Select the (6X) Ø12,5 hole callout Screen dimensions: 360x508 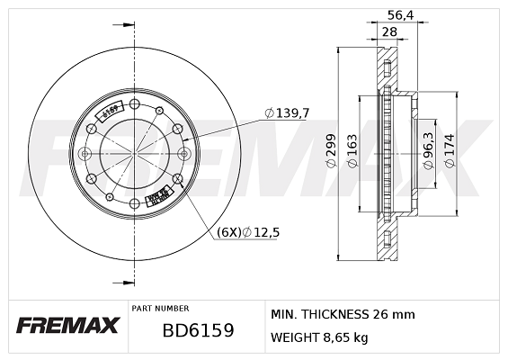pos(249,231)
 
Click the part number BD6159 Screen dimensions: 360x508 pos(198,330)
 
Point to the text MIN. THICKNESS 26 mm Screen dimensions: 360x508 pos(343,314)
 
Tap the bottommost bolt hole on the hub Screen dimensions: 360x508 pos(134,204)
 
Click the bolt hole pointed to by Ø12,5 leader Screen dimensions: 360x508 pos(178,179)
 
